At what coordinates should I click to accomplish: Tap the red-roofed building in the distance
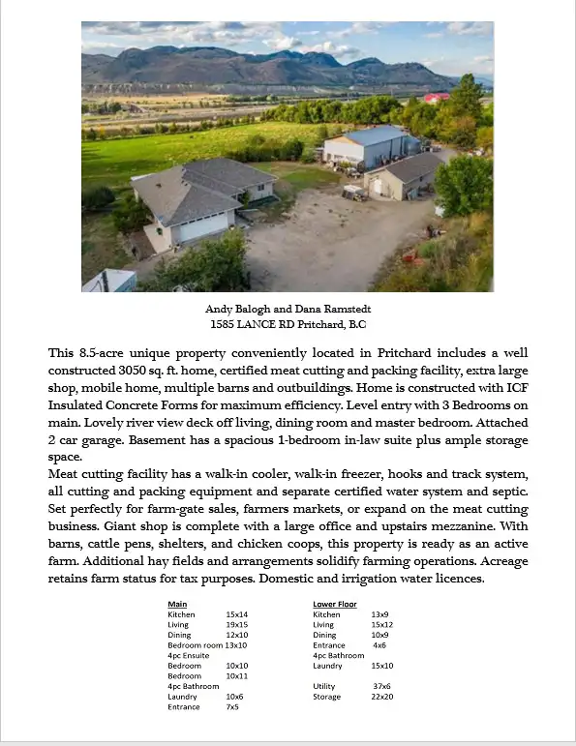coord(437,97)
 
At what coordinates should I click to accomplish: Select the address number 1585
coord(225,324)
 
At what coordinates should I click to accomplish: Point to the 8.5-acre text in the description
coord(102,353)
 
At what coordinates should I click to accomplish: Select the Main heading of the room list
coord(177,605)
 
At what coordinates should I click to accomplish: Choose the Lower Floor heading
coord(335,605)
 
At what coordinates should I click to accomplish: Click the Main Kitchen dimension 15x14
coord(237,615)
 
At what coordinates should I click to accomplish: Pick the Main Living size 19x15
coord(237,625)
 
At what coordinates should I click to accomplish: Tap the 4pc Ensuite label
coord(188,655)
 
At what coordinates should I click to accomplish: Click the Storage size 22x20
coord(382,697)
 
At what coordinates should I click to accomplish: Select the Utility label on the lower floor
coord(323,686)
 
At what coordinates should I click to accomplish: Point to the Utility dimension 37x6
coord(382,686)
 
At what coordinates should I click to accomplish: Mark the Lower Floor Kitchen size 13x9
coord(380,615)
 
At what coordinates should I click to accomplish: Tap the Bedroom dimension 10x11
coord(237,675)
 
